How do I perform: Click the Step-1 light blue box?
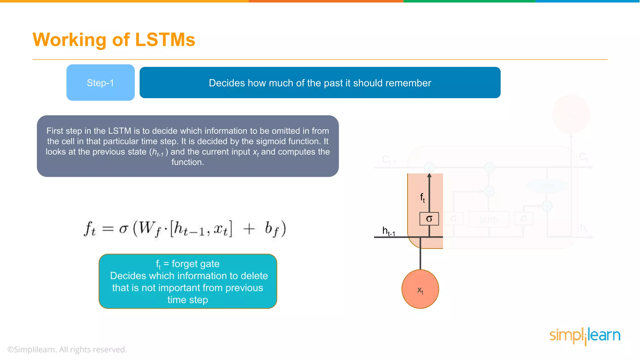100,82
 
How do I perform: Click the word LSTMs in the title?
165,40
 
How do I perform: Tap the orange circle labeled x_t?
420,289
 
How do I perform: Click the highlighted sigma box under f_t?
429,219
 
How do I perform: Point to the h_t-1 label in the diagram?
388,231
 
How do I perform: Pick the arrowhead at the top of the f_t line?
429,176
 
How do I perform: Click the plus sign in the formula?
249,229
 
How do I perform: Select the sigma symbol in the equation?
124,229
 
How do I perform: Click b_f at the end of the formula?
271,229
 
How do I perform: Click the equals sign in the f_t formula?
108,229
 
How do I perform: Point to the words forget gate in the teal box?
196,264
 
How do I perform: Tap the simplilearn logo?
585,336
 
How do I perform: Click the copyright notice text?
67,349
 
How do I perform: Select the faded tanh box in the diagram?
489,219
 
